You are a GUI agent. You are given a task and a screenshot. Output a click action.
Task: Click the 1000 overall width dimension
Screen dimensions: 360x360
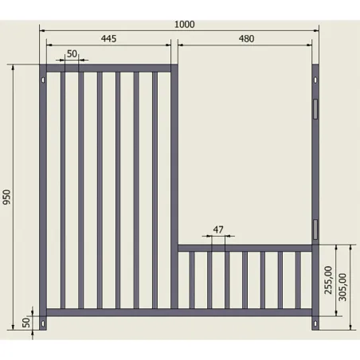(185, 25)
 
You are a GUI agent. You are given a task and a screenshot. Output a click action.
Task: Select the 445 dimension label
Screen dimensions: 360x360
(108, 39)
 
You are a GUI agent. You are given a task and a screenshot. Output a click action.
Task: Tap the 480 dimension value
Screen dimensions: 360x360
(246, 39)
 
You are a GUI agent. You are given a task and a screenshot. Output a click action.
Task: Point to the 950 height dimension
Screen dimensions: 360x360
(6, 197)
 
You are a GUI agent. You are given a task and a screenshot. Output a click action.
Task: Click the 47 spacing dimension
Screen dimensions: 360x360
(218, 229)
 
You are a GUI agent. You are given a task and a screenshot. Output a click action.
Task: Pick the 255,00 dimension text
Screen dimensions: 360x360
(328, 280)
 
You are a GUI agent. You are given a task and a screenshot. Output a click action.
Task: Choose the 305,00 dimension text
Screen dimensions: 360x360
(342, 287)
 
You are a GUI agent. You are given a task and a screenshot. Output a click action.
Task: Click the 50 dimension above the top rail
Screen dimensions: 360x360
(72, 54)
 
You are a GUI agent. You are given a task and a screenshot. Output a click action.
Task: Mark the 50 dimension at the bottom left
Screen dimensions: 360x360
(26, 323)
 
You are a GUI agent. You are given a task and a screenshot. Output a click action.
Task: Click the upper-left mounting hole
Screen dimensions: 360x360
(43, 80)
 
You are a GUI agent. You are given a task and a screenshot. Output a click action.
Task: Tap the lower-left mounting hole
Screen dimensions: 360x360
(43, 323)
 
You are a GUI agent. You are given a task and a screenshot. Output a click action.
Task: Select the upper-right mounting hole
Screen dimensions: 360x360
(315, 80)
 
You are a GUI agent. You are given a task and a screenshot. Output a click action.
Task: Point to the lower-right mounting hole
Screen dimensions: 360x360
(315, 323)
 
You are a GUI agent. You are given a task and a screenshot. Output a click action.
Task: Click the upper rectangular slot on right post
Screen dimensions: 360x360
(315, 109)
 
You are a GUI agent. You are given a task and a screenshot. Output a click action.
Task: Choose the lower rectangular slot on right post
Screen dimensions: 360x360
(315, 229)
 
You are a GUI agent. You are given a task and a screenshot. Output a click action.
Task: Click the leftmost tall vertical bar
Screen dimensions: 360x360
(63, 190)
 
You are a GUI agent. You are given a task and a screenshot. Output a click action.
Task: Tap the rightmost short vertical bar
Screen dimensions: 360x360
(298, 280)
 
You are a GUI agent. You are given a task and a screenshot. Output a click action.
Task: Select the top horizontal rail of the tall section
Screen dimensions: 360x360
(108, 68)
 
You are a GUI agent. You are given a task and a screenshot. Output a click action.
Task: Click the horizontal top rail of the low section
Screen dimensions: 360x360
(245, 248)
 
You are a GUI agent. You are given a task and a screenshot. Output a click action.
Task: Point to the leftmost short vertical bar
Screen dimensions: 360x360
(192, 280)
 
